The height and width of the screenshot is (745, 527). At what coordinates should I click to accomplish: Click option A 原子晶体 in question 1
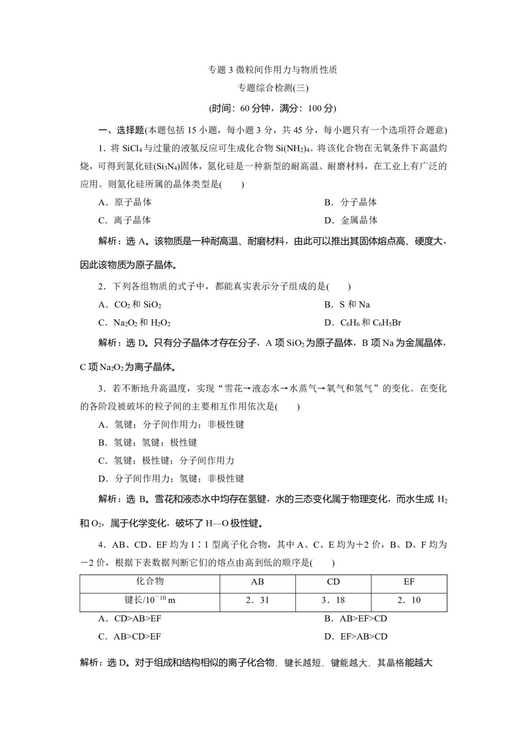[x=125, y=202]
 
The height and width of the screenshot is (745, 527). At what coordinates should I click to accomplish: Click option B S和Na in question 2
[x=347, y=305]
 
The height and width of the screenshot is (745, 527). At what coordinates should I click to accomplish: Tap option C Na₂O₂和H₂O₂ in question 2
[x=134, y=322]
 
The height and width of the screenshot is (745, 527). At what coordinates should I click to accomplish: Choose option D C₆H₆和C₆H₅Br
[x=363, y=322]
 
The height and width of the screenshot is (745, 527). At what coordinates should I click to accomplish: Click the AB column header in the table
[x=258, y=582]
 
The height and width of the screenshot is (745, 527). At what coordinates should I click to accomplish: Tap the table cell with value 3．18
[x=333, y=600]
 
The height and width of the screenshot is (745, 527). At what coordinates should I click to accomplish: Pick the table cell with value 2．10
[x=409, y=600]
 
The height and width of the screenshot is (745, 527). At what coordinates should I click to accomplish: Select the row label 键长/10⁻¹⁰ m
[x=150, y=600]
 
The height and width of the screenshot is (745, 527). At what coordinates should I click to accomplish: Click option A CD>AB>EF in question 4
[x=130, y=619]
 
